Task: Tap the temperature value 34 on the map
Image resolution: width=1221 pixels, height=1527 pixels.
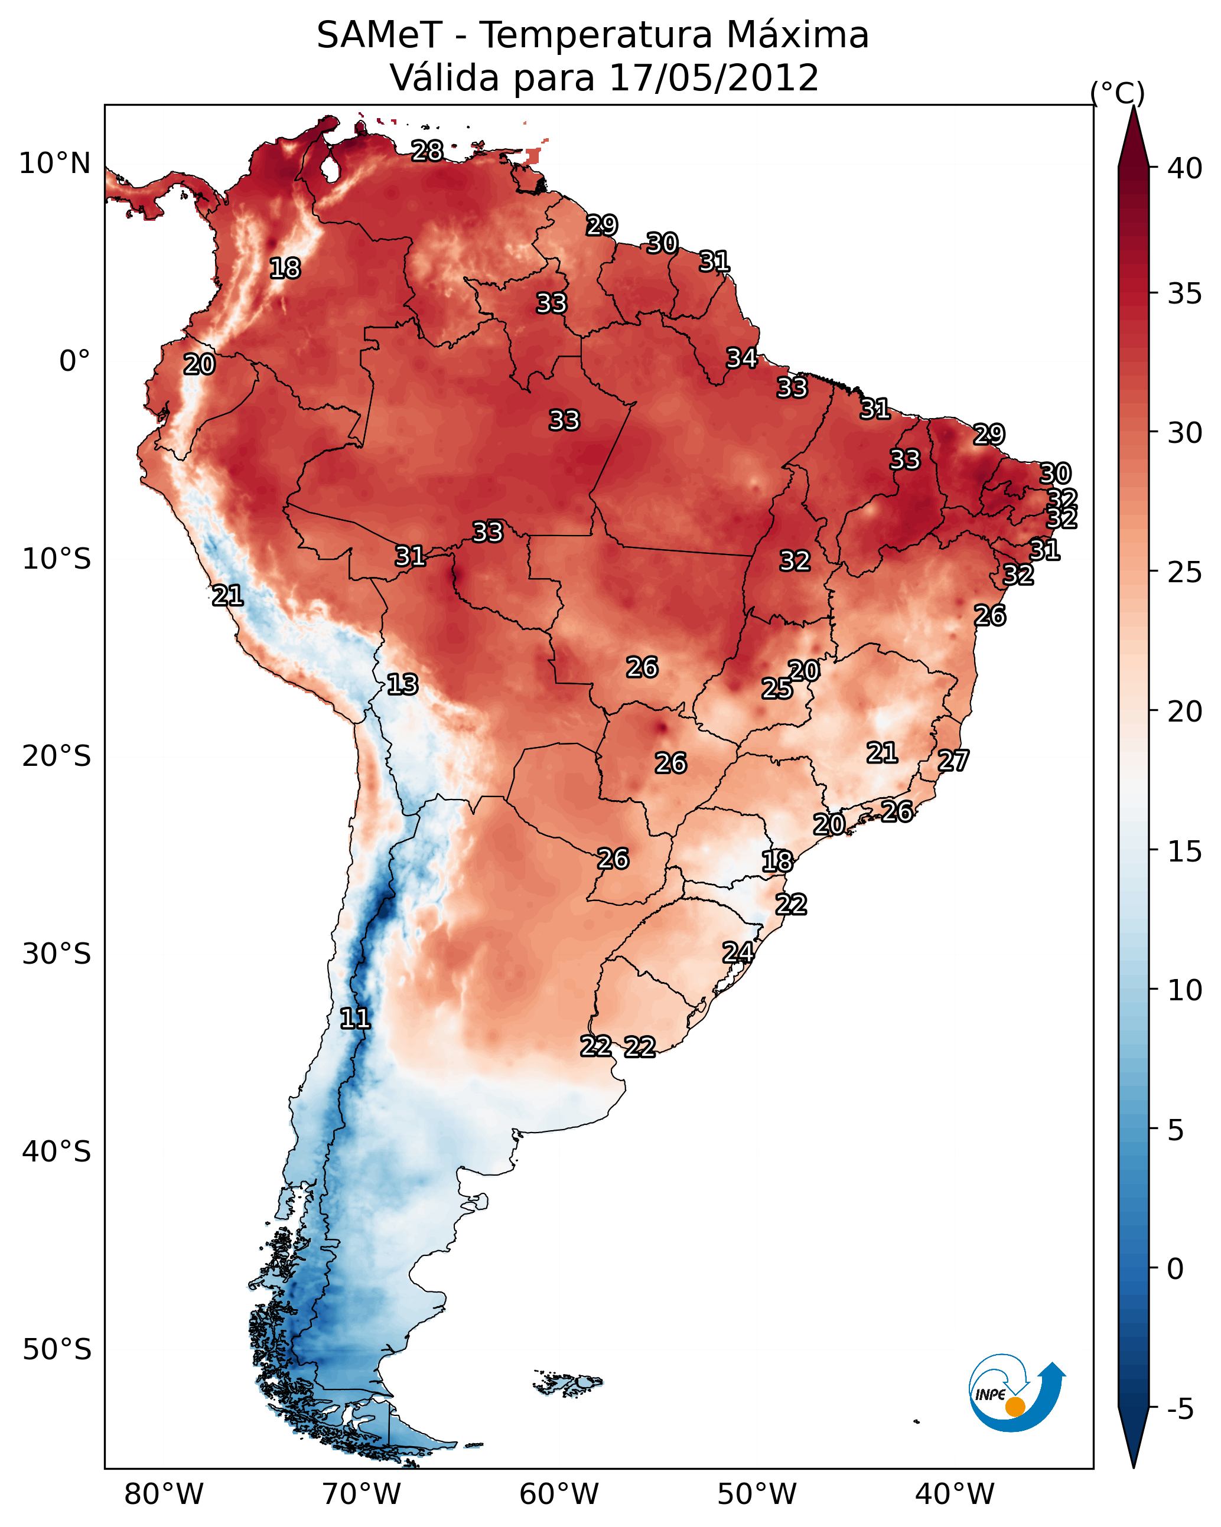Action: tap(741, 358)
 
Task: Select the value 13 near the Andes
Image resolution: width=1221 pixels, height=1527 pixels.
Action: tap(402, 684)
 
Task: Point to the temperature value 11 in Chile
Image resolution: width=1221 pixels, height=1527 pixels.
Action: tap(355, 1019)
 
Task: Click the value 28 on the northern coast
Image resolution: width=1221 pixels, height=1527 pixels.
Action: tap(427, 151)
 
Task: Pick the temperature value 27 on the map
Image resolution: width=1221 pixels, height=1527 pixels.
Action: tap(953, 761)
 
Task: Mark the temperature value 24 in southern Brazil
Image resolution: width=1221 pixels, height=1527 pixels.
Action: tap(738, 952)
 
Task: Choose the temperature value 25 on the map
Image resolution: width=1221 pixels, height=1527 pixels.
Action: tap(777, 688)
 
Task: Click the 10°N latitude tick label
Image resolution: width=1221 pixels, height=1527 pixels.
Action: tap(54, 164)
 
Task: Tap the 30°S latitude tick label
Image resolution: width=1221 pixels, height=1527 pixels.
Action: tap(57, 954)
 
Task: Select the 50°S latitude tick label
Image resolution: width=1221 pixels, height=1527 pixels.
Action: tap(57, 1349)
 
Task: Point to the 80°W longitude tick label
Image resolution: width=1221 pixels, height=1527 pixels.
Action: tap(164, 1494)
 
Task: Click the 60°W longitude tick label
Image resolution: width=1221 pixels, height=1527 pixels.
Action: tap(559, 1494)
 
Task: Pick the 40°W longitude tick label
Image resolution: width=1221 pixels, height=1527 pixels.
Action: tap(955, 1494)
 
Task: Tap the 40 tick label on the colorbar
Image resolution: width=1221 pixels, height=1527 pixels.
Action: tap(1185, 168)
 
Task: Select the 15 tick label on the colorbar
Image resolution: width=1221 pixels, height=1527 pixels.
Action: tap(1185, 851)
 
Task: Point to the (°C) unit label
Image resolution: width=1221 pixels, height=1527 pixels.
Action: tap(1118, 93)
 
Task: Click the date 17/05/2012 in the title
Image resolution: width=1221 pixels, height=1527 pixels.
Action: tap(714, 77)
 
